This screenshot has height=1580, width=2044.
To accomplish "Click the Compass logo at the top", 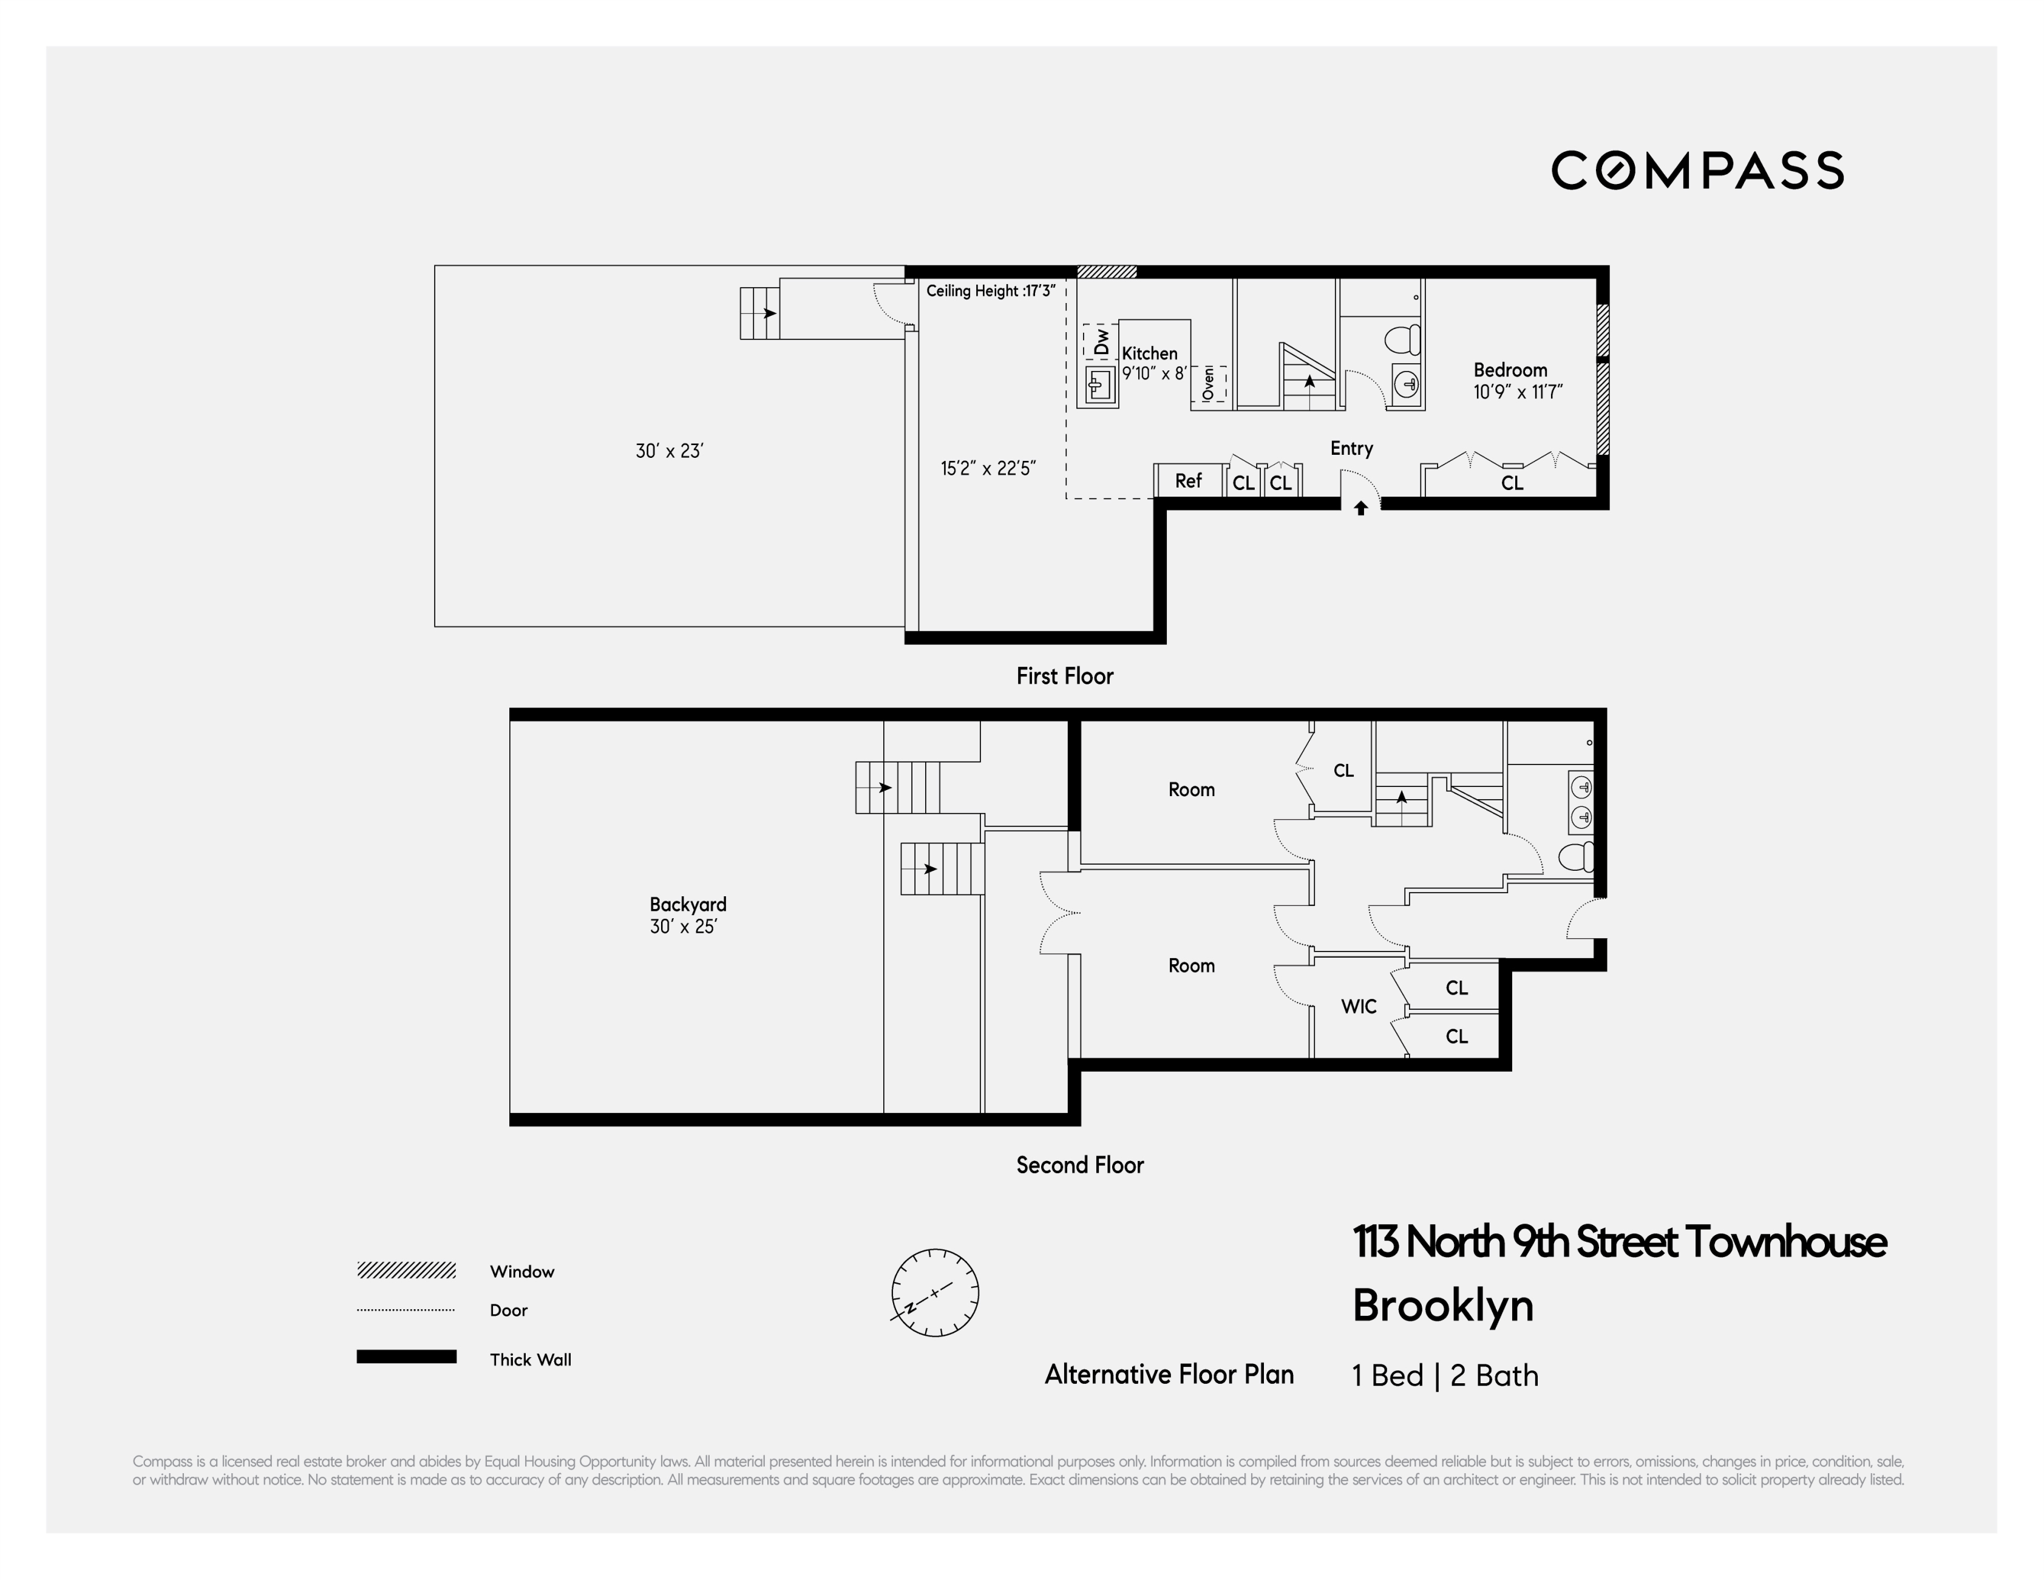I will click(x=1697, y=171).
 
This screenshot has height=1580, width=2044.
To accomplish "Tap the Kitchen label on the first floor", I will click(x=1149, y=353).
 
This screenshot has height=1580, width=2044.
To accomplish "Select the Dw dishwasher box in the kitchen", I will click(x=1101, y=342).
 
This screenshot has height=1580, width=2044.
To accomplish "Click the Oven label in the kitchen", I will click(x=1208, y=383).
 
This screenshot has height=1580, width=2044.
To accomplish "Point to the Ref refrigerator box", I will click(x=1187, y=480).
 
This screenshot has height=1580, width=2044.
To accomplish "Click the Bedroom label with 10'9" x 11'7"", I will click(x=1510, y=370).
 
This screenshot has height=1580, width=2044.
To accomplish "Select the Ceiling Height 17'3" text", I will click(x=990, y=291).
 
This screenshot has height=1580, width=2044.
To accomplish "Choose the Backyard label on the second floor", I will click(x=688, y=904).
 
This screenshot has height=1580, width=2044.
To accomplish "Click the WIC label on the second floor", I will click(x=1358, y=1006).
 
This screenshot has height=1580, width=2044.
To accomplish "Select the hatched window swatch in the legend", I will click(x=406, y=1270).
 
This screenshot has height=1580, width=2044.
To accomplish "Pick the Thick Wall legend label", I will click(x=530, y=1359).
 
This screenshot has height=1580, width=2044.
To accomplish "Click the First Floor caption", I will click(x=1064, y=676).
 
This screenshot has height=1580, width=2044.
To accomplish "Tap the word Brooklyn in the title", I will click(x=1442, y=1305).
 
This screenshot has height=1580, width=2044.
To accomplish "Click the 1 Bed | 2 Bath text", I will click(x=1445, y=1375).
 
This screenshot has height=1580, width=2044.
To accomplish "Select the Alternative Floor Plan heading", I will click(x=1169, y=1374).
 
